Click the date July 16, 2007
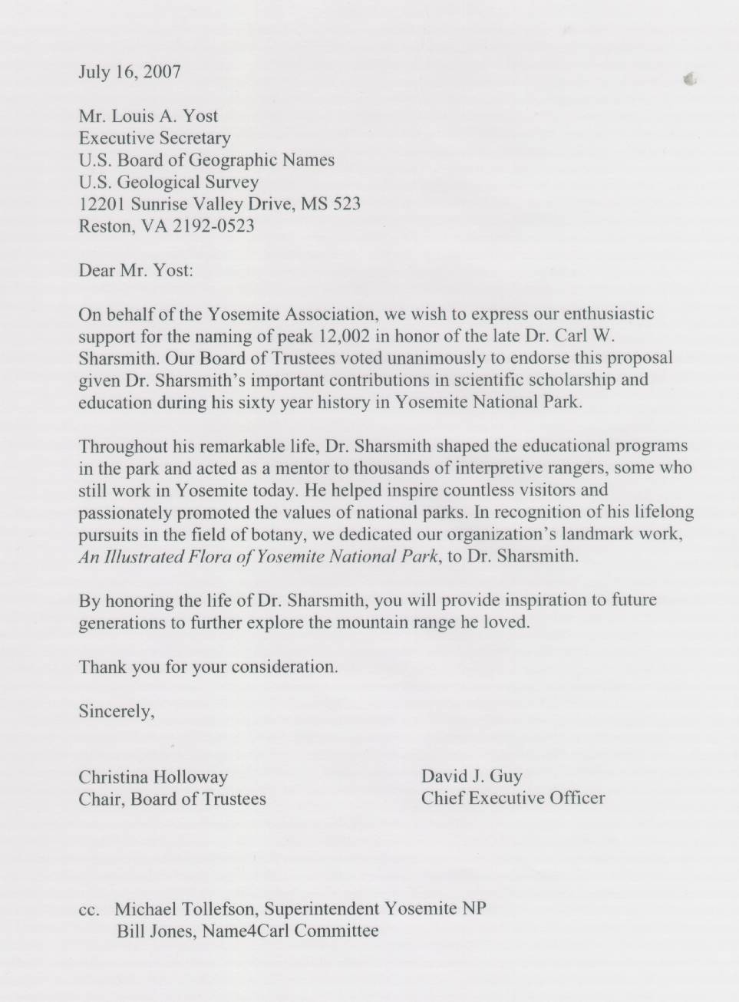click(130, 72)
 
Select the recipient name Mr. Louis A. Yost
click(148, 117)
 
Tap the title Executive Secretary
click(154, 139)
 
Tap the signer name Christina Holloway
click(153, 777)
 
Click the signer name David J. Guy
click(471, 776)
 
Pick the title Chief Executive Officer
click(513, 798)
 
